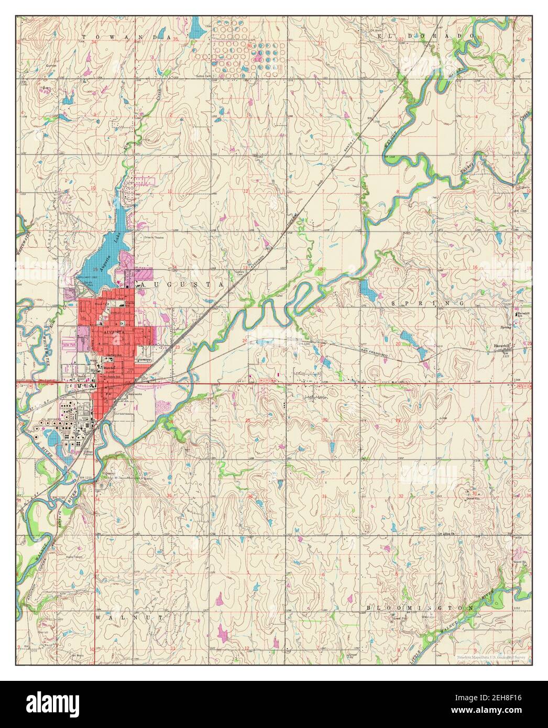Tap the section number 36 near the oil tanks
click(x=250, y=46)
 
